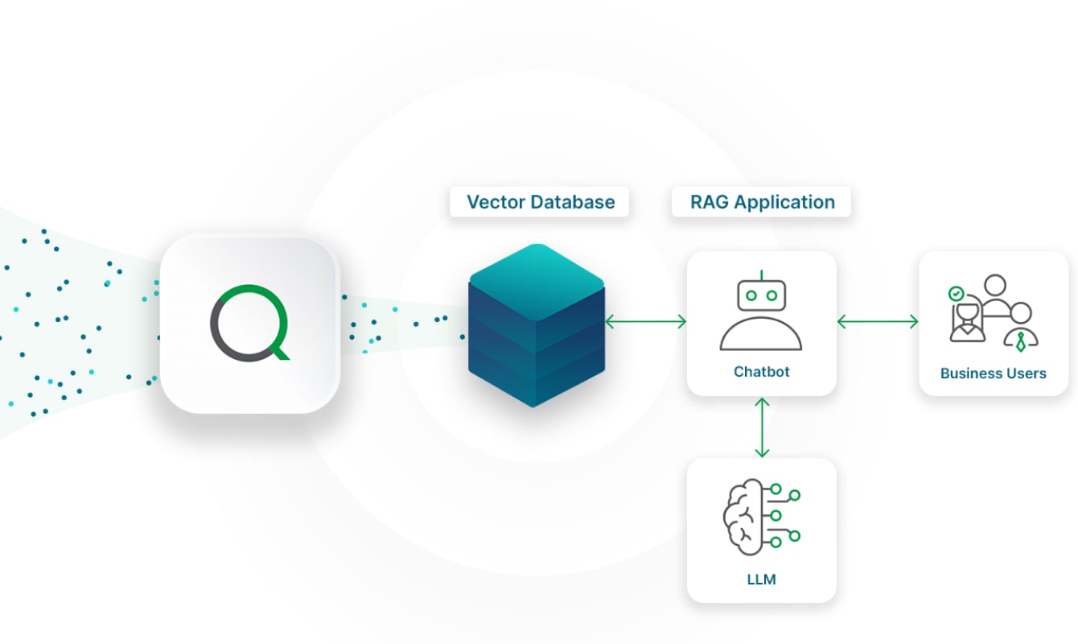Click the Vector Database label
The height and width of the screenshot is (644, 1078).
click(540, 202)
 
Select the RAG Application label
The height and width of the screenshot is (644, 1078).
click(762, 202)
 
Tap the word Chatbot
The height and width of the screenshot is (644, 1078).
click(761, 372)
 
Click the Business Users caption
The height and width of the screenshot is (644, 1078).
click(993, 374)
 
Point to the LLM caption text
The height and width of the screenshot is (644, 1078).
click(761, 579)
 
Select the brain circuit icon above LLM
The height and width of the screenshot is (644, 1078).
click(761, 515)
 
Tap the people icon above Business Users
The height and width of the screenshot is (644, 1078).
click(993, 314)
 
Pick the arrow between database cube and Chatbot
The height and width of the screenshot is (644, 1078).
click(645, 322)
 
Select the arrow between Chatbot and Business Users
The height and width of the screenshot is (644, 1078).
click(878, 322)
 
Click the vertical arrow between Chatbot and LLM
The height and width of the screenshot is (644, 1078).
click(762, 427)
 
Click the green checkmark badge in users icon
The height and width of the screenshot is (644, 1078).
click(956, 294)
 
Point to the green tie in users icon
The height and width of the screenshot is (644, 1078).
click(1020, 342)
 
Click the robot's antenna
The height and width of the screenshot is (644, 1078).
click(762, 275)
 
